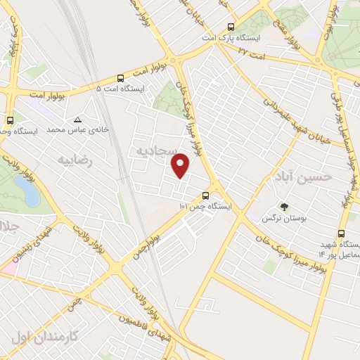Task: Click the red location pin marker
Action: tap(181, 165)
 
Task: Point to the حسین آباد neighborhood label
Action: tap(309, 176)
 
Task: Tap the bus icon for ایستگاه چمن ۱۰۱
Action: tap(205, 196)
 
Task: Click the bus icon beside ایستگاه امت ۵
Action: tap(120, 78)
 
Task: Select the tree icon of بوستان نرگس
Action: tap(284, 207)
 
